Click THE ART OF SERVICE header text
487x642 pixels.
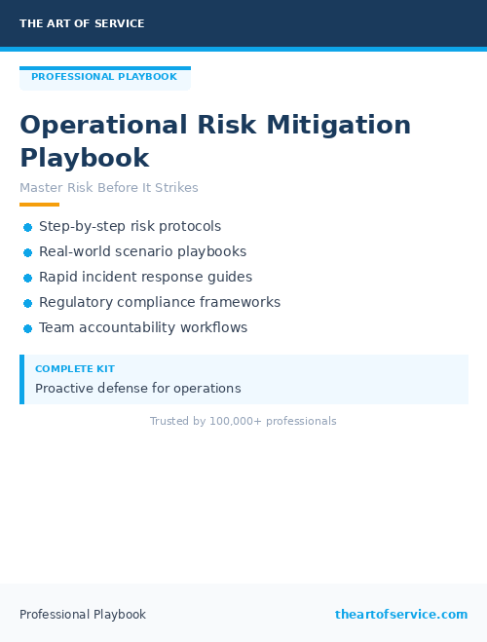[x=82, y=23]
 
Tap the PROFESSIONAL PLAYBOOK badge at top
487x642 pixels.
[x=104, y=77]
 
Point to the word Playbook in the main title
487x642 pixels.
[x=85, y=158]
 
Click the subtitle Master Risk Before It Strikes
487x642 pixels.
[x=109, y=187]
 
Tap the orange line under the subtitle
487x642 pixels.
[x=39, y=205]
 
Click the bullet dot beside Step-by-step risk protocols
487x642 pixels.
[x=27, y=227]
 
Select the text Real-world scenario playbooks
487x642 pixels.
[x=142, y=251]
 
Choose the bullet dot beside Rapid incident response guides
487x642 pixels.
[x=27, y=278]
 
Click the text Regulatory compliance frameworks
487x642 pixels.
[x=160, y=302]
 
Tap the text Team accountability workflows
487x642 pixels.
[x=143, y=327]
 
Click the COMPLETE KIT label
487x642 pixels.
[x=75, y=369]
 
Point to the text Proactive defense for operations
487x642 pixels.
[x=137, y=388]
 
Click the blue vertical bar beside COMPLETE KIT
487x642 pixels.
[x=21, y=379]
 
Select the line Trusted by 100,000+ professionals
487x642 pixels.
[x=243, y=421]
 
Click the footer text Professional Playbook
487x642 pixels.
[x=83, y=615]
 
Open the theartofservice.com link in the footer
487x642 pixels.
[x=401, y=615]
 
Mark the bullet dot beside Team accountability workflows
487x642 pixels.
[x=27, y=328]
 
